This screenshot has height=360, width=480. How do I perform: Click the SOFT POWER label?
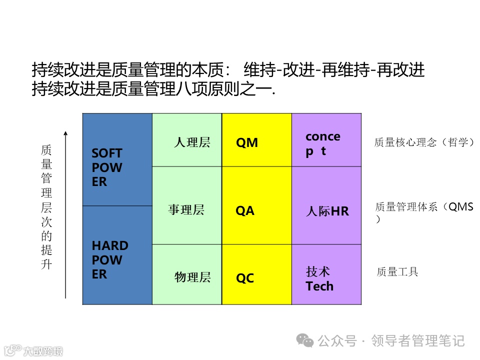tap(106, 167)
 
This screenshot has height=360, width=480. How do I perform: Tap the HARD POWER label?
tap(109, 260)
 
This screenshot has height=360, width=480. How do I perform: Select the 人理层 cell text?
tap(192, 142)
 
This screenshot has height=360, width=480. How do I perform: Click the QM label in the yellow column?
tap(247, 143)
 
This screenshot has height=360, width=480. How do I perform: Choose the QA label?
tap(245, 211)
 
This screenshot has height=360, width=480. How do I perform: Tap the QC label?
tap(245, 278)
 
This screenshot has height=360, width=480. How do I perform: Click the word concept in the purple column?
tap(322, 143)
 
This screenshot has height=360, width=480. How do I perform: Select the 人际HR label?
tap(327, 211)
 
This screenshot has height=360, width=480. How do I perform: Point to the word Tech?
tap(319, 286)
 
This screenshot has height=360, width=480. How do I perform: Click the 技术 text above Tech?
tap(318, 272)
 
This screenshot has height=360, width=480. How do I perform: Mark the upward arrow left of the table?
tap(65, 215)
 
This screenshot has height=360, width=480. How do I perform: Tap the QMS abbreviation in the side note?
tap(460, 206)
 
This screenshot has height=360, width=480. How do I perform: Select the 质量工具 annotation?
tap(397, 272)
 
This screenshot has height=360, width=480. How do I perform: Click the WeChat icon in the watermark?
tap(305, 340)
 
